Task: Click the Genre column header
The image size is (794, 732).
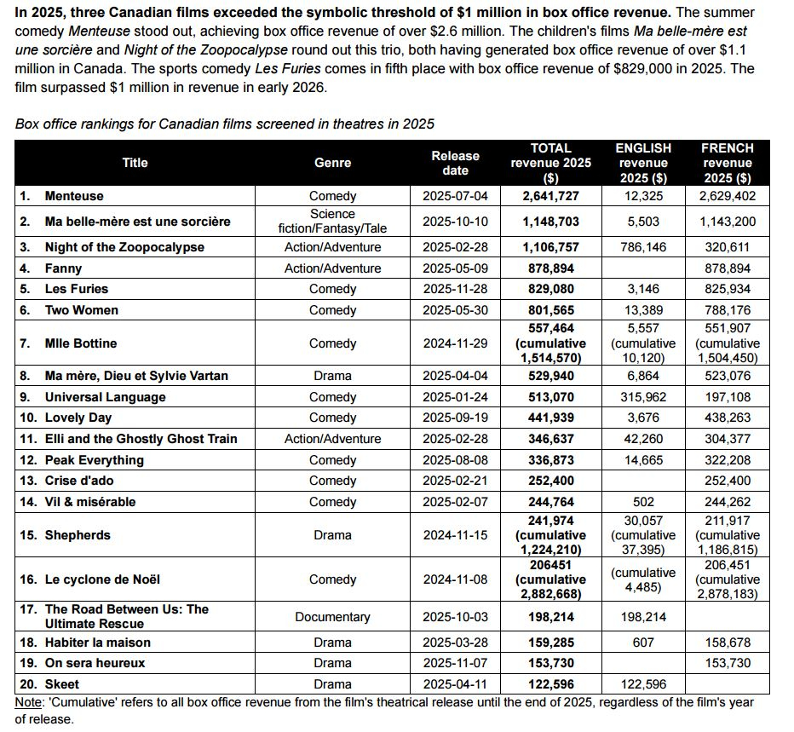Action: click(332, 163)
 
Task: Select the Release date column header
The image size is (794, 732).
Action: click(455, 163)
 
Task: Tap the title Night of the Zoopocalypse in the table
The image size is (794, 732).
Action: click(124, 247)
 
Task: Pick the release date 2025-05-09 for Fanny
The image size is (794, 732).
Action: click(455, 268)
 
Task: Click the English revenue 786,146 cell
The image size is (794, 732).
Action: click(643, 247)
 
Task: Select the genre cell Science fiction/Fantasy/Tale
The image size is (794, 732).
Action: click(332, 222)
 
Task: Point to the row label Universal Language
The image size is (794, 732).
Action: click(105, 397)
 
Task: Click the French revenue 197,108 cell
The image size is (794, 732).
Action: click(727, 397)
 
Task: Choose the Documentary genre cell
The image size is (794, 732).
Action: click(332, 617)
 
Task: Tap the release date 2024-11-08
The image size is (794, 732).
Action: click(455, 579)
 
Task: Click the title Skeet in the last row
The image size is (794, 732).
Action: click(62, 684)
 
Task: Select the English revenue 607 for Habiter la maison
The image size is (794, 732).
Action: click(643, 643)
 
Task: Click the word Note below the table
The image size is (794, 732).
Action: click(30, 701)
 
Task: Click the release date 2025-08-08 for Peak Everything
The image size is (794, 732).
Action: click(455, 460)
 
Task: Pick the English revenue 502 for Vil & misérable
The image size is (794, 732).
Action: click(643, 502)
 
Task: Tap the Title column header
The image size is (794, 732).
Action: click(135, 163)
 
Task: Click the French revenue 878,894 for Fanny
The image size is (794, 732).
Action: click(727, 268)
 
